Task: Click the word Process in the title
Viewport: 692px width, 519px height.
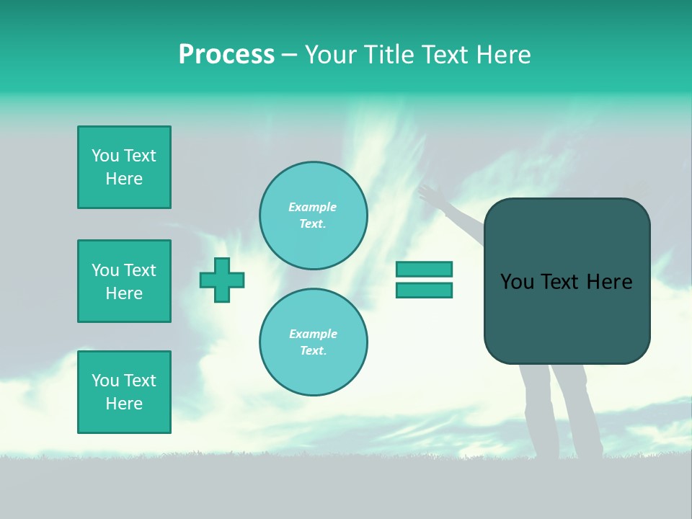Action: point(226,55)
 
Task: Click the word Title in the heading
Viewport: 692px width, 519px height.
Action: point(389,55)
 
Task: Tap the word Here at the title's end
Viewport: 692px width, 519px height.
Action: point(502,55)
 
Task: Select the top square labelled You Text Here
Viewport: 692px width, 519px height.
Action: point(124,167)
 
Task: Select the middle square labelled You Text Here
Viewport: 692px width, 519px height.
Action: point(124,281)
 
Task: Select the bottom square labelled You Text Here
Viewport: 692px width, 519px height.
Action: point(124,392)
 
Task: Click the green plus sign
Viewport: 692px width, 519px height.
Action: point(222,280)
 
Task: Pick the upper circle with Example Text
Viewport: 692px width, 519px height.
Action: point(313,216)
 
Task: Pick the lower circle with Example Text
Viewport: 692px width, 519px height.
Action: point(313,342)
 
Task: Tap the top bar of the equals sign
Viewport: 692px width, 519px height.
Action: point(424,269)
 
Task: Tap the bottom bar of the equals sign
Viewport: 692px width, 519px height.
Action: point(424,290)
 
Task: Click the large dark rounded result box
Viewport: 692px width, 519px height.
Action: point(567,317)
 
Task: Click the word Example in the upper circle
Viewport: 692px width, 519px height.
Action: point(312,208)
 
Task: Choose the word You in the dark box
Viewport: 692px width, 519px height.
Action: point(517,282)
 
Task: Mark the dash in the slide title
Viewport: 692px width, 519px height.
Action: point(289,56)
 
